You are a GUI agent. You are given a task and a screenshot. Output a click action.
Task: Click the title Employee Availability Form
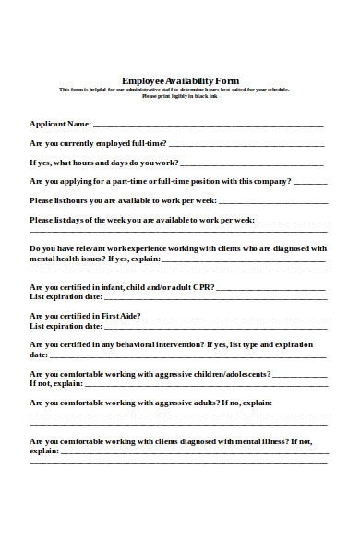pos(180,80)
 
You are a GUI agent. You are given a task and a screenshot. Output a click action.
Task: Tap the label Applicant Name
pos(60,123)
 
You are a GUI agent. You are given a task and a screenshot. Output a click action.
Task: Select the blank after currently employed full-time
pos(246,145)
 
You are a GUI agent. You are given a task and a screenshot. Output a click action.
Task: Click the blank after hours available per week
pos(272,201)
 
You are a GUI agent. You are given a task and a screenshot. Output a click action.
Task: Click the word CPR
pos(202,288)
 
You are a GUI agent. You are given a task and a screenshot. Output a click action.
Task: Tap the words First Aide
pos(123,316)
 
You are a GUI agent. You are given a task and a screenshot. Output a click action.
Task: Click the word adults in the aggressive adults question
pos(203,403)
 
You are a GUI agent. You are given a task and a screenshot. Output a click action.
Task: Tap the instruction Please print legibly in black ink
pos(180,95)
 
